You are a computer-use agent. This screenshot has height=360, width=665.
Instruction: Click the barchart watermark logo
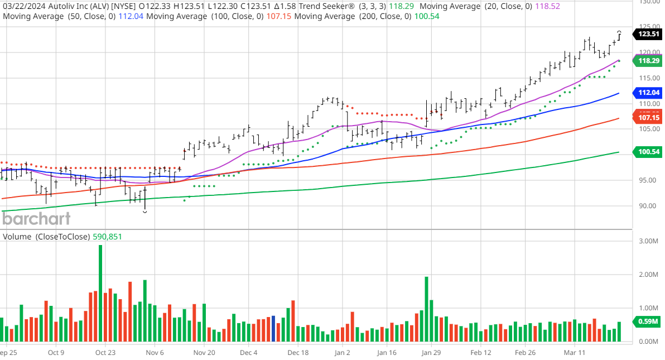click(x=36, y=218)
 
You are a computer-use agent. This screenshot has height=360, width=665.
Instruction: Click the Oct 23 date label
click(x=105, y=353)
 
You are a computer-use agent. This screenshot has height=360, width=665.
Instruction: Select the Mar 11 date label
click(x=574, y=353)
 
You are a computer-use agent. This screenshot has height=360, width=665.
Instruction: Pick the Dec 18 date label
click(x=298, y=353)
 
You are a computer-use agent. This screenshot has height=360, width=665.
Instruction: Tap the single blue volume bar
click(x=273, y=329)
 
